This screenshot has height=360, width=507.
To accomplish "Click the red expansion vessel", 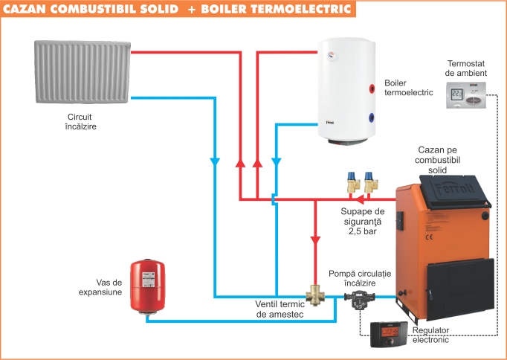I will pos(147,286).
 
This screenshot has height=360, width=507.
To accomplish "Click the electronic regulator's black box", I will pos(387,334).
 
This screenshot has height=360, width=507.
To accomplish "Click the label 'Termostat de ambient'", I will pos(466,68).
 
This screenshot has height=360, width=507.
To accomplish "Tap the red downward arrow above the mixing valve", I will pos(315,240).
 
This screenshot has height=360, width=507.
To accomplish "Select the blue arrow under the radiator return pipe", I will pos(215,161).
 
